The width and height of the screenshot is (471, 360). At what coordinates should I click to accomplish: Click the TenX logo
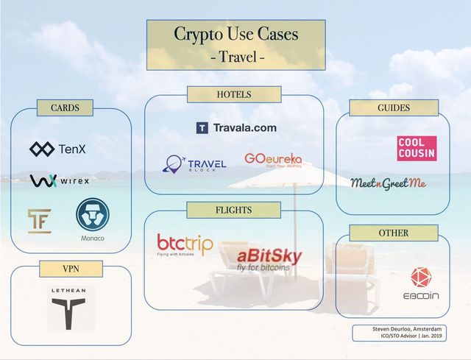[57, 149]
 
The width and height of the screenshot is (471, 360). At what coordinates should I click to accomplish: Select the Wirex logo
[60, 180]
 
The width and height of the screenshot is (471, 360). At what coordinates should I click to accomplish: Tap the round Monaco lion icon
[93, 214]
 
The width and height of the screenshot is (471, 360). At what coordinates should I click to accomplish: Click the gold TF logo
[40, 221]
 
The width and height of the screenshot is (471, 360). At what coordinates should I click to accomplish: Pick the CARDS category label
[65, 108]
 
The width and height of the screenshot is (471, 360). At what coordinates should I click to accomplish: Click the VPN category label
[71, 269]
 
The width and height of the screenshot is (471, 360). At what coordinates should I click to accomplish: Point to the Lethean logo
[71, 308]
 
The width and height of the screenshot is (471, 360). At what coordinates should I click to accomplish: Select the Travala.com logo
[236, 127]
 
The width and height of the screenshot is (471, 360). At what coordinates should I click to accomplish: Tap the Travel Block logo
[194, 164]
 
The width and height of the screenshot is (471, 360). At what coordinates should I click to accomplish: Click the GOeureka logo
[273, 160]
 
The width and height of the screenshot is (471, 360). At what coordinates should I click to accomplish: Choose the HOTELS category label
[234, 94]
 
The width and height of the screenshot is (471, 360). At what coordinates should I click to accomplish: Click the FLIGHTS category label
[234, 210]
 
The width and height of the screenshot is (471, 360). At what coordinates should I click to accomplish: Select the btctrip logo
[185, 245]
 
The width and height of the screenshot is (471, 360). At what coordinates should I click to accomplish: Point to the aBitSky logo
[269, 260]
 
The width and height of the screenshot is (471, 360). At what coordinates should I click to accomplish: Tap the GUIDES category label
[394, 108]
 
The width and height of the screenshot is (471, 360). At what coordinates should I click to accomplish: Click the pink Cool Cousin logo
[417, 149]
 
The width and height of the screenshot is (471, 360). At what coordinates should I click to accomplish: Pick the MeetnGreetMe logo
[389, 183]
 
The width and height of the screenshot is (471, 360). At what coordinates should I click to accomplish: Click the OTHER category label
[394, 233]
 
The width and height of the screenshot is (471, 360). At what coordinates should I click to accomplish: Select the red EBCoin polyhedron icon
[421, 277]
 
